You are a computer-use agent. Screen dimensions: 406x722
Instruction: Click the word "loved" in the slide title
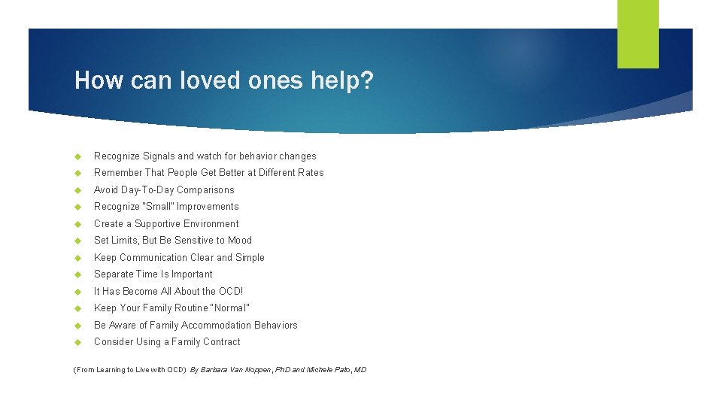[205, 80]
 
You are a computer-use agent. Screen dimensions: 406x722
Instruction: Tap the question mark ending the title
[366, 80]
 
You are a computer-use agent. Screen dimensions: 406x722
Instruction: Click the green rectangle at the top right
[638, 34]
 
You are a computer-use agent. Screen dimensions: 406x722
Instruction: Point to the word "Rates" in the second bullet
[311, 173]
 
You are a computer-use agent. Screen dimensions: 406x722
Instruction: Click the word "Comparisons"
[205, 190]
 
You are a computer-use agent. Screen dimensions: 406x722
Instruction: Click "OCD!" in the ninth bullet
[230, 292]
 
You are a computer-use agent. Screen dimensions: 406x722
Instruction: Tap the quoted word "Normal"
[229, 308]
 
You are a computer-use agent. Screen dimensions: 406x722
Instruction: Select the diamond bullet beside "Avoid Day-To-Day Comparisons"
[77, 190]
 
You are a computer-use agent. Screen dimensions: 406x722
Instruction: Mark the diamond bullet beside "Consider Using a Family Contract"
[77, 342]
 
